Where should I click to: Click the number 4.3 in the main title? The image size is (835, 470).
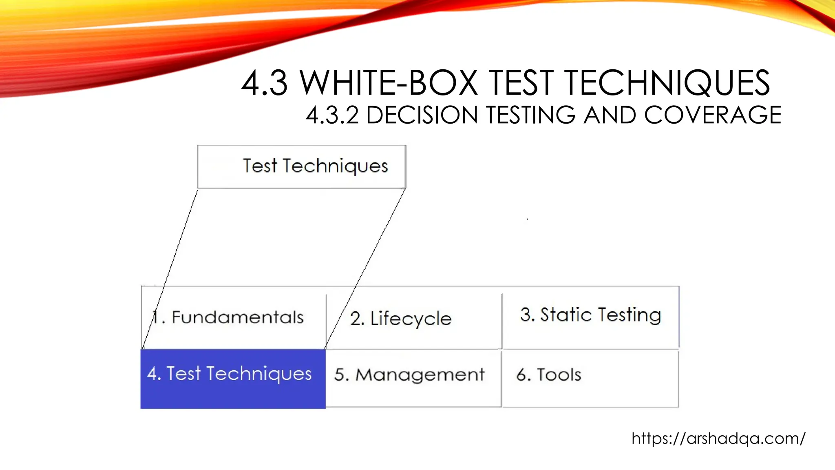265,83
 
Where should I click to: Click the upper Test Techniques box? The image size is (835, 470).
302,166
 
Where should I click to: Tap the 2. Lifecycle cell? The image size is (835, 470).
414,318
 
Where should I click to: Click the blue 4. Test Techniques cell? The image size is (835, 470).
233,379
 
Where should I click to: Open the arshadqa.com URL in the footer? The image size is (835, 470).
718,439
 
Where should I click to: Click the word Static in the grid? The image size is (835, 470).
566,315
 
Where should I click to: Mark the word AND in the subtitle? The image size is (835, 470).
609,115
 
